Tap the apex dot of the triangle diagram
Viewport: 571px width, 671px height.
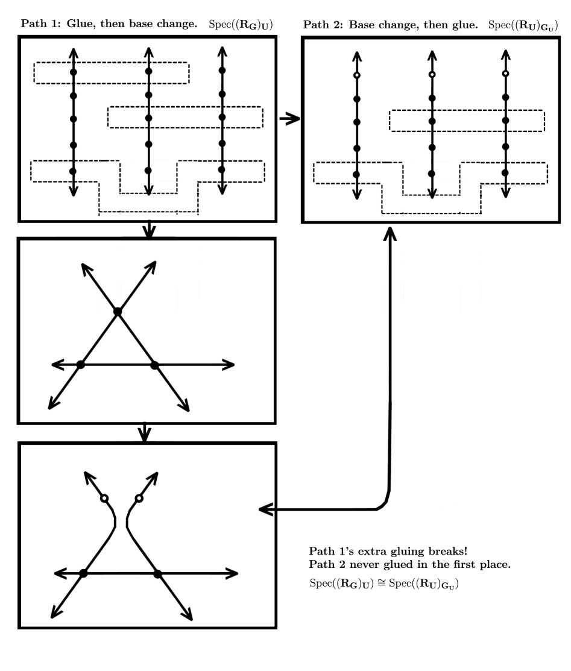(x=118, y=311)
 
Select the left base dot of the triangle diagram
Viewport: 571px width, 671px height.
(x=81, y=364)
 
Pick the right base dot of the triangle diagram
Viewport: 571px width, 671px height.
(x=154, y=364)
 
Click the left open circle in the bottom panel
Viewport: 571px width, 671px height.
(x=104, y=499)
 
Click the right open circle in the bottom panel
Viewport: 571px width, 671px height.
(x=139, y=499)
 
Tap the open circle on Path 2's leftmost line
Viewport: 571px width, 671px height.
(x=356, y=75)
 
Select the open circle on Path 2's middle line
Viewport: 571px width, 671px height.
(x=431, y=75)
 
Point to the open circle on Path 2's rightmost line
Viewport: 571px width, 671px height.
(x=506, y=74)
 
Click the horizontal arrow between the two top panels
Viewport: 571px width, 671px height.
(x=290, y=119)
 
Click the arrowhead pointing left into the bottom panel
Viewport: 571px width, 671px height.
(x=266, y=510)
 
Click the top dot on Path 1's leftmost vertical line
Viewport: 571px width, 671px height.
(x=73, y=72)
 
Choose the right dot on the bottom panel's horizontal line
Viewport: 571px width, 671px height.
(x=157, y=573)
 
